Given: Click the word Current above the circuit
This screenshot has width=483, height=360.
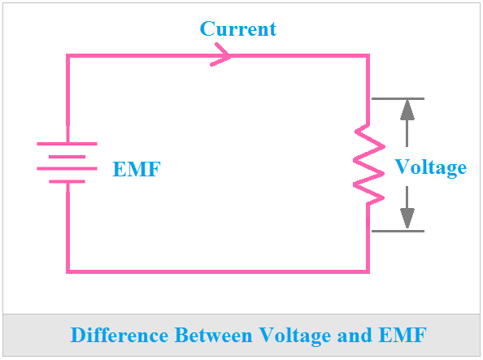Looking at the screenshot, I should tap(237, 29).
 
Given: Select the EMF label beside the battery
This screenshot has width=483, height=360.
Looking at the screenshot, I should tap(136, 170).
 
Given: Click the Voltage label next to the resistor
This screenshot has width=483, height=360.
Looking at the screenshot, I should tap(430, 167).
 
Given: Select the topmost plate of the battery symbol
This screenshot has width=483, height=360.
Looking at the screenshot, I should tap(67, 144).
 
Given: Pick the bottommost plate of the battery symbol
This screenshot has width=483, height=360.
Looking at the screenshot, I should tap(67, 182).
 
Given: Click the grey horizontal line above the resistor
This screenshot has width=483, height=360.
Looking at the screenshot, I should tap(398, 99).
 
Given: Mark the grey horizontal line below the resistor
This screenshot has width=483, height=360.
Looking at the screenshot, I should tap(398, 232).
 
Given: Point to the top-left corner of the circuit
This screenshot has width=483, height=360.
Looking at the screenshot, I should tap(67, 55).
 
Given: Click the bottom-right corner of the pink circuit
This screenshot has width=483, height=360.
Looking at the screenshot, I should tap(368, 271).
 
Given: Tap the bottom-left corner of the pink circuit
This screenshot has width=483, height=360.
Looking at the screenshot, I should tap(67, 271).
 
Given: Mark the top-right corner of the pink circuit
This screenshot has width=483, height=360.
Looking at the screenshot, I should tap(368, 55).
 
